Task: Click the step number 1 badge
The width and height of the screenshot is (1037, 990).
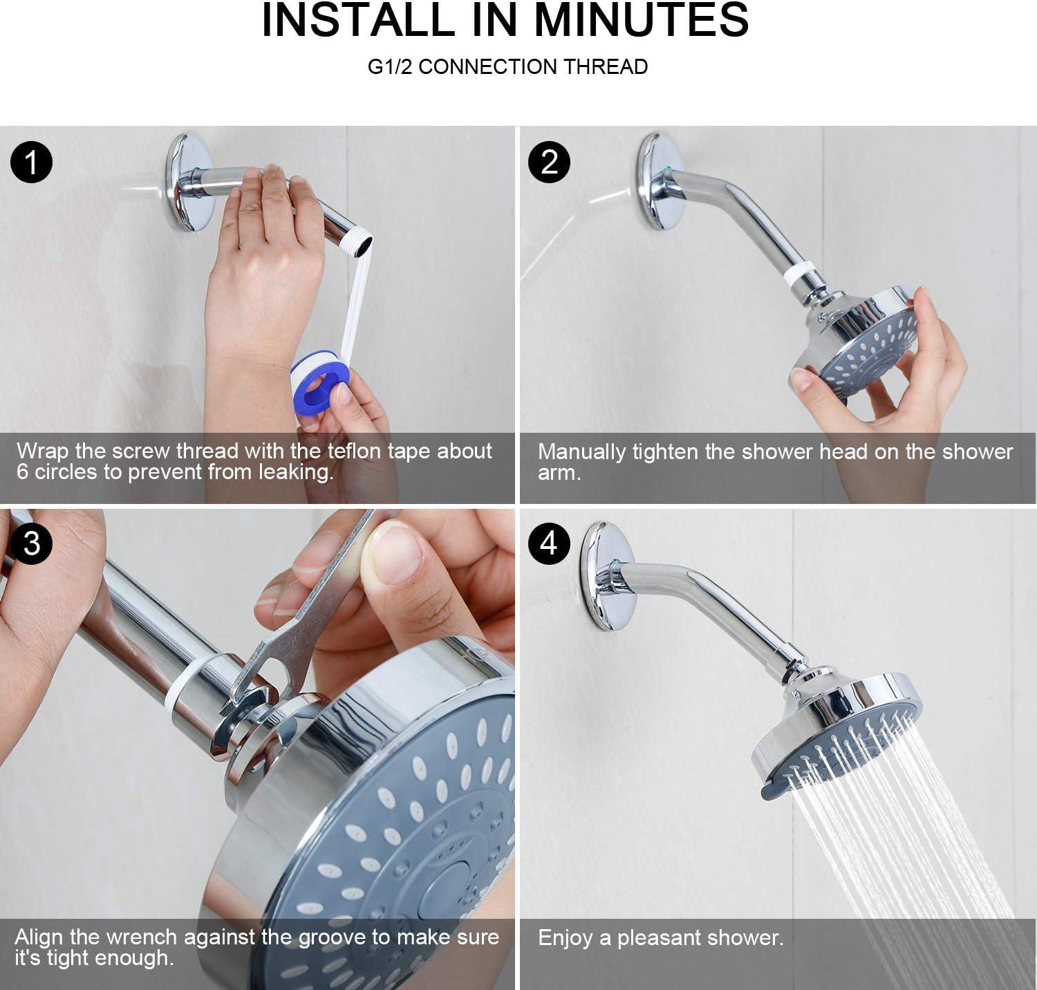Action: pos(32,162)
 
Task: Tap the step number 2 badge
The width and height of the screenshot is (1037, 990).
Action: pos(548,162)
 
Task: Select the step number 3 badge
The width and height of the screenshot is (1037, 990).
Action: pos(32,543)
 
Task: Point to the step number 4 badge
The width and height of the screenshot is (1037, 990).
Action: pos(548,543)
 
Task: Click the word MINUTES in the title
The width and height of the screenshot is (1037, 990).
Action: pos(642,20)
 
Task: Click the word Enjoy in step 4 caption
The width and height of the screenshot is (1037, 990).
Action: pos(565,938)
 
